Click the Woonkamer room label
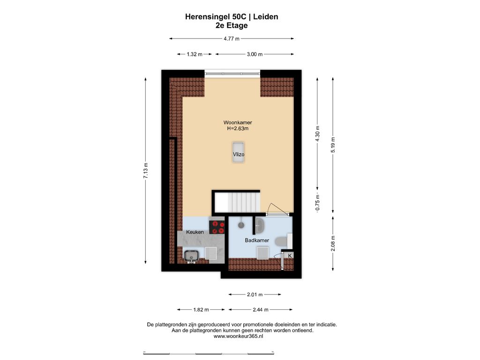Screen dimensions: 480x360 click(x=238, y=122)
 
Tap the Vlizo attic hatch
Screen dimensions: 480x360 click(x=238, y=152)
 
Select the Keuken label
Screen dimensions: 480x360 click(x=195, y=232)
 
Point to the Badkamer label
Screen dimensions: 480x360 click(x=257, y=240)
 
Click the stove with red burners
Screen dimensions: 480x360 click(x=217, y=227)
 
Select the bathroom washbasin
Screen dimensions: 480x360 click(x=260, y=225)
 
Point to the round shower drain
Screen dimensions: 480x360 click(x=241, y=225)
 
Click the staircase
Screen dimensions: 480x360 click(x=237, y=202)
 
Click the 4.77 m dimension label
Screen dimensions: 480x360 click(x=232, y=38)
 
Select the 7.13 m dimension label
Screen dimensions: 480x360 click(x=146, y=171)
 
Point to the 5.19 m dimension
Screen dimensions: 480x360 click(x=333, y=145)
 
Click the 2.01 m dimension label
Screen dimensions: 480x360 click(x=255, y=294)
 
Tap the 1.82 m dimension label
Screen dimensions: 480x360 click(x=201, y=309)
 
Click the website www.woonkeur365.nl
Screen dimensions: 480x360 click(x=238, y=336)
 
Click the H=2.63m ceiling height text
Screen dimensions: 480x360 click(x=238, y=128)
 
